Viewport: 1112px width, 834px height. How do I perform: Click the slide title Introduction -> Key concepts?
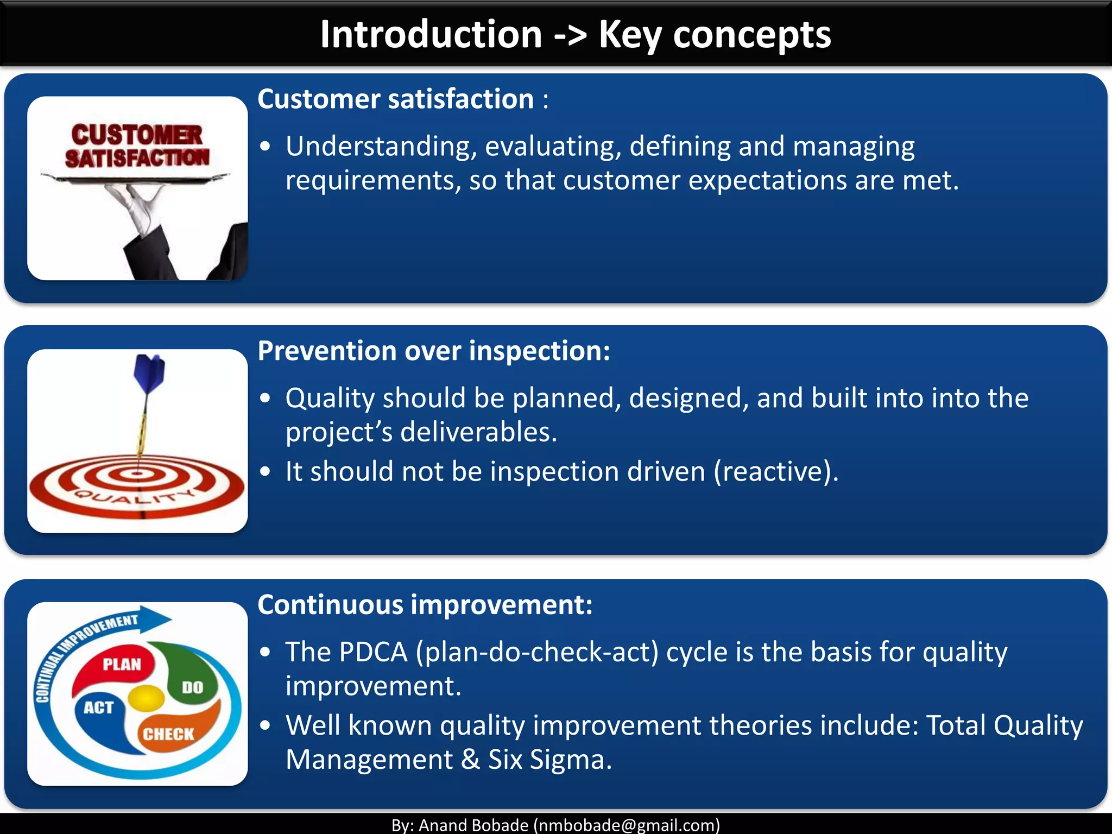click(x=574, y=35)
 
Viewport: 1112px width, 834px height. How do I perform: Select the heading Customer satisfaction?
click(x=396, y=99)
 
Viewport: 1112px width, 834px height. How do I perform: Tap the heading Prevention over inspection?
click(x=433, y=351)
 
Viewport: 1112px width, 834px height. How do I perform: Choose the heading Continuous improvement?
click(x=425, y=605)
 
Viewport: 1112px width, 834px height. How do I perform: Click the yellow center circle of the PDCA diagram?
click(x=146, y=698)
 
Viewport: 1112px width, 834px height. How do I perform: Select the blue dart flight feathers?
click(x=149, y=372)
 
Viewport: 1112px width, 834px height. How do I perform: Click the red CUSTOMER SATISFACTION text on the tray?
click(x=137, y=146)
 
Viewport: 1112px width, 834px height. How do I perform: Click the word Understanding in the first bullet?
click(x=381, y=147)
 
